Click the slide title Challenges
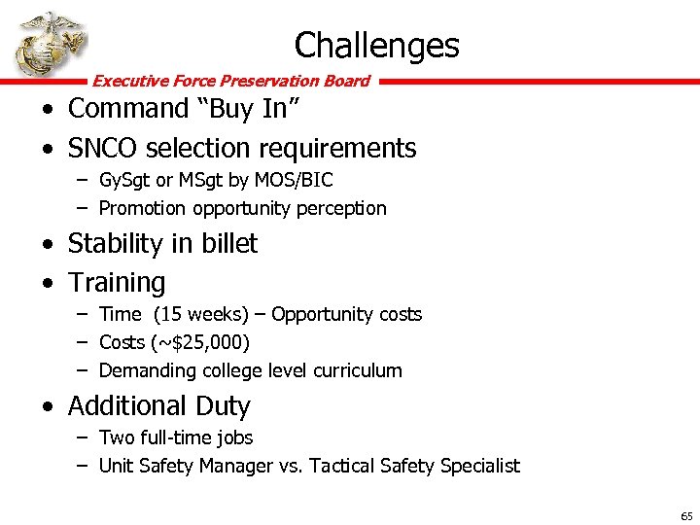[x=376, y=45]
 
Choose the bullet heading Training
[x=117, y=283]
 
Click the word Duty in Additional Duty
[x=223, y=405]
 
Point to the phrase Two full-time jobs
[x=176, y=438]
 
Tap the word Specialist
[x=479, y=466]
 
